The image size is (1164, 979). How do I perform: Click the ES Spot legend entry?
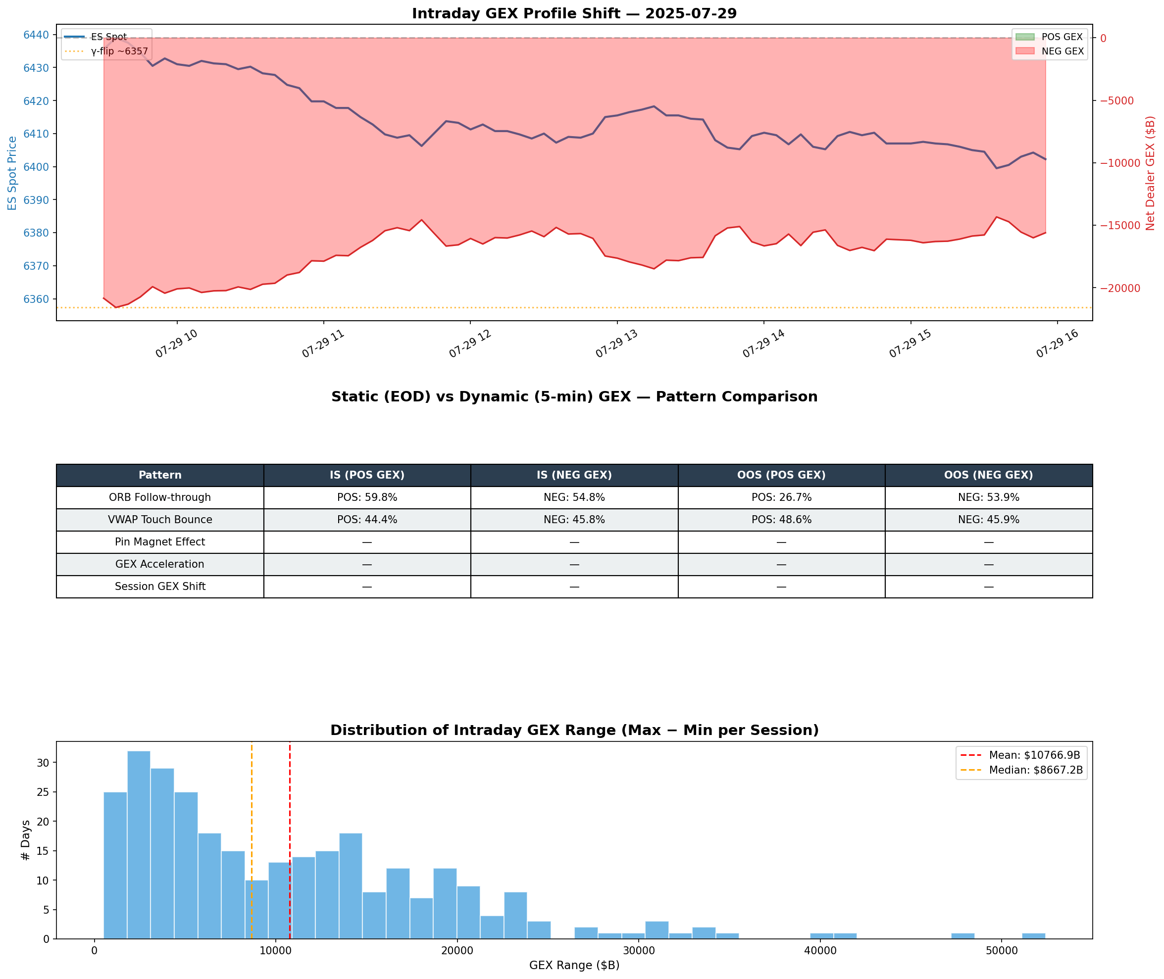coord(108,37)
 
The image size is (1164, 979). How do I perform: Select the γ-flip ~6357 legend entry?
coord(119,51)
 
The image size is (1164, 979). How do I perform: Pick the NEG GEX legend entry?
coord(1062,51)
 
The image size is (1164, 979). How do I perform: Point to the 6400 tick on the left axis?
coord(36,167)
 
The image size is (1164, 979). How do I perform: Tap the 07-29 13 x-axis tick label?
coord(616,344)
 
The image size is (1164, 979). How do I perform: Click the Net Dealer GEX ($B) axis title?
coord(1150,173)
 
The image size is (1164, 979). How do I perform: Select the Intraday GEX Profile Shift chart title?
coord(574,14)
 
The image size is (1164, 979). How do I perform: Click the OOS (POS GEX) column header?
coord(781,475)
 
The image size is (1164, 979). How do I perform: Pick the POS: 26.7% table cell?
coord(781,497)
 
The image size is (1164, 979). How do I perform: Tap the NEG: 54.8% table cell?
coord(574,497)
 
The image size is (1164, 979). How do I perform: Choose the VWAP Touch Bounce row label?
coord(160,520)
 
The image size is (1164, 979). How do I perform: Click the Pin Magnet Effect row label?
coord(160,541)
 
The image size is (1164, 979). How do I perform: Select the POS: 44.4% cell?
coord(367,520)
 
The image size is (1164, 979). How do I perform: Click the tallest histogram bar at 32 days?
coord(139,843)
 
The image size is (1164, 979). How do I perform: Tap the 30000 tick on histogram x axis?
coord(638,951)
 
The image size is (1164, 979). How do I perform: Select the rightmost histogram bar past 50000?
coord(1034,936)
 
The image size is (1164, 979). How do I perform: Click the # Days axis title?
coord(26,840)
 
